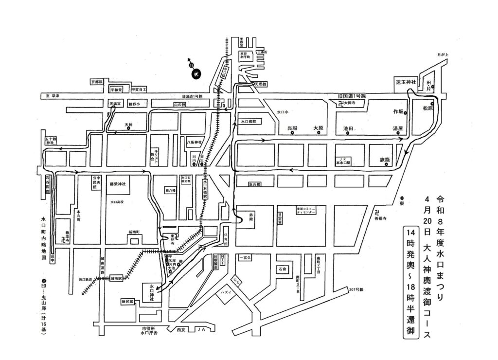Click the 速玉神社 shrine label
click(x=405, y=82)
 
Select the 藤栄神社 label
click(x=118, y=184)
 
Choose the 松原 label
click(x=427, y=108)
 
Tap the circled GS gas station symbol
click(x=235, y=281)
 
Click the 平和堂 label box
click(x=116, y=90)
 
